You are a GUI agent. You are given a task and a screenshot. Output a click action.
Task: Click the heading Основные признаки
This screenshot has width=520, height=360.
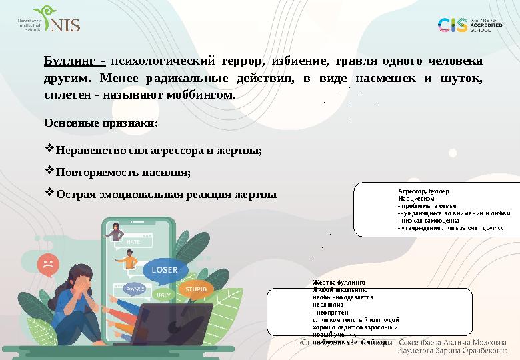coord(101,123)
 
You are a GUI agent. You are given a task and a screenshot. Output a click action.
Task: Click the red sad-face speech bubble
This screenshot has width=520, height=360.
coord(48,261)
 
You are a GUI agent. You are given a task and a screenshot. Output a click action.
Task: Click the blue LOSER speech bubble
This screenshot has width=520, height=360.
coord(164,269)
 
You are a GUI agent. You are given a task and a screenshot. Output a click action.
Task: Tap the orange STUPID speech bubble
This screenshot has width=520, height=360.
coord(195,289)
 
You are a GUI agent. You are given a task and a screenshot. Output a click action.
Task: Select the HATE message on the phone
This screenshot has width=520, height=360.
coord(133,242)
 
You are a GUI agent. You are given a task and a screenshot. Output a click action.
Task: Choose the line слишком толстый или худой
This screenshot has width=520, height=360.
coord(355,320)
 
